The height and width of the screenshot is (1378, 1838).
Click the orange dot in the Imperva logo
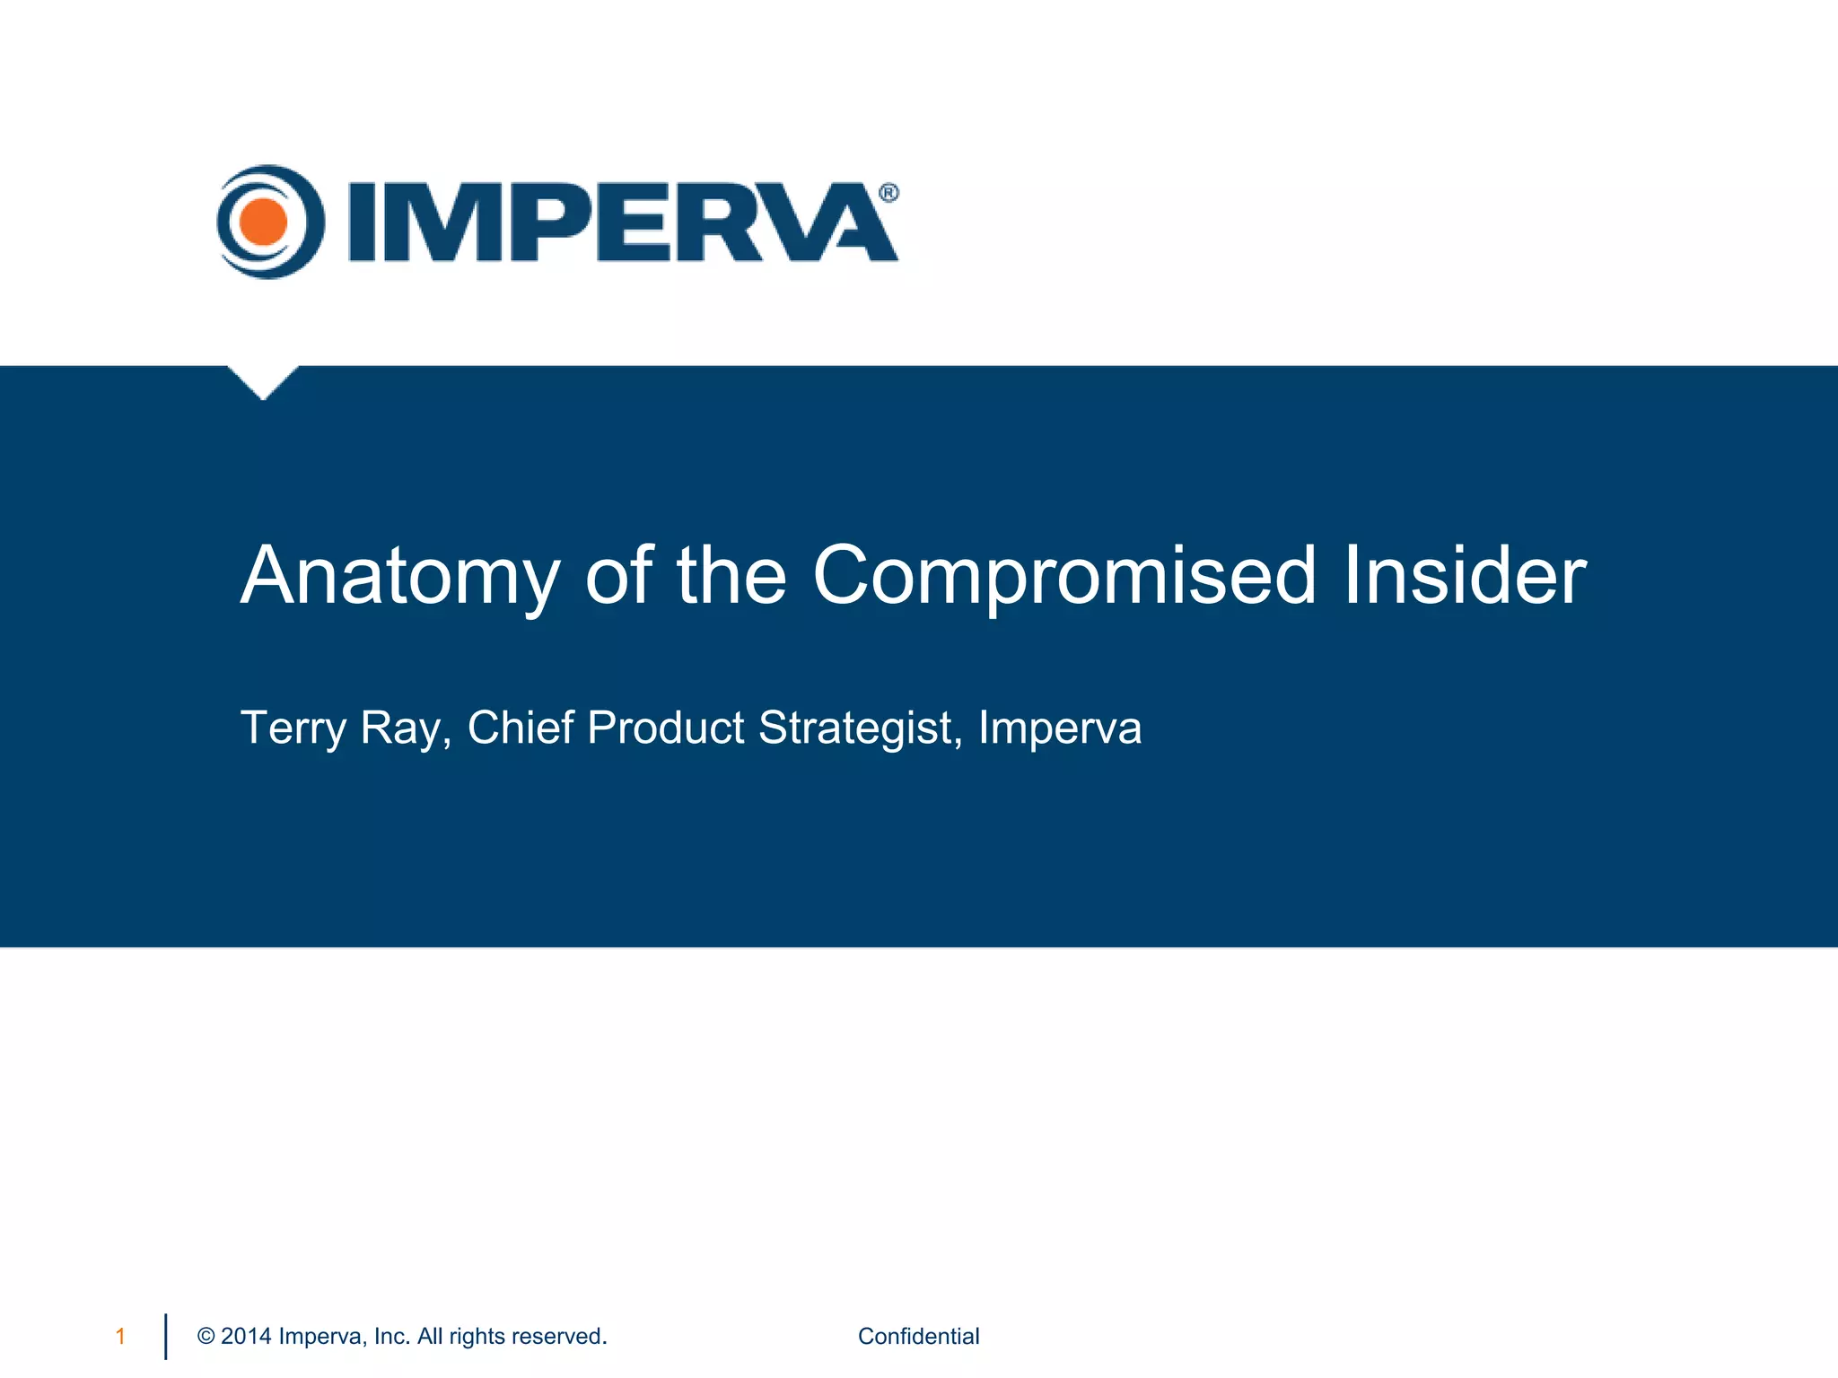click(x=263, y=222)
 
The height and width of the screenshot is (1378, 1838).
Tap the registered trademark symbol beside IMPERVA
click(x=888, y=193)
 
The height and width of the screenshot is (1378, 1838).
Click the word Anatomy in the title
click(x=400, y=576)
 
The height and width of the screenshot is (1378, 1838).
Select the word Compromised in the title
click(x=1064, y=576)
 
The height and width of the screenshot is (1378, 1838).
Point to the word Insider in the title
click(x=1465, y=576)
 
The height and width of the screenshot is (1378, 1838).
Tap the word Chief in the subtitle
click(x=521, y=728)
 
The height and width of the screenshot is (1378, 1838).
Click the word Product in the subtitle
click(x=666, y=728)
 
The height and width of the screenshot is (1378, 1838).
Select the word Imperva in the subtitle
click(x=1060, y=728)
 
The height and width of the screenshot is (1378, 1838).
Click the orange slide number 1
click(x=120, y=1337)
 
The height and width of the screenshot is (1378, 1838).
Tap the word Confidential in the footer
click(x=918, y=1337)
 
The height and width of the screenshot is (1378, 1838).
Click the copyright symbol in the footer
click(x=206, y=1337)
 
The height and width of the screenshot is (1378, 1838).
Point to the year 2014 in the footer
click(x=246, y=1337)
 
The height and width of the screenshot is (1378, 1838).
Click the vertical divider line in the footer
click(x=166, y=1337)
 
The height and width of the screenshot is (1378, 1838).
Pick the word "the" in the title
click(x=731, y=576)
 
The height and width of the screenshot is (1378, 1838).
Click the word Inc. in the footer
click(x=392, y=1337)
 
